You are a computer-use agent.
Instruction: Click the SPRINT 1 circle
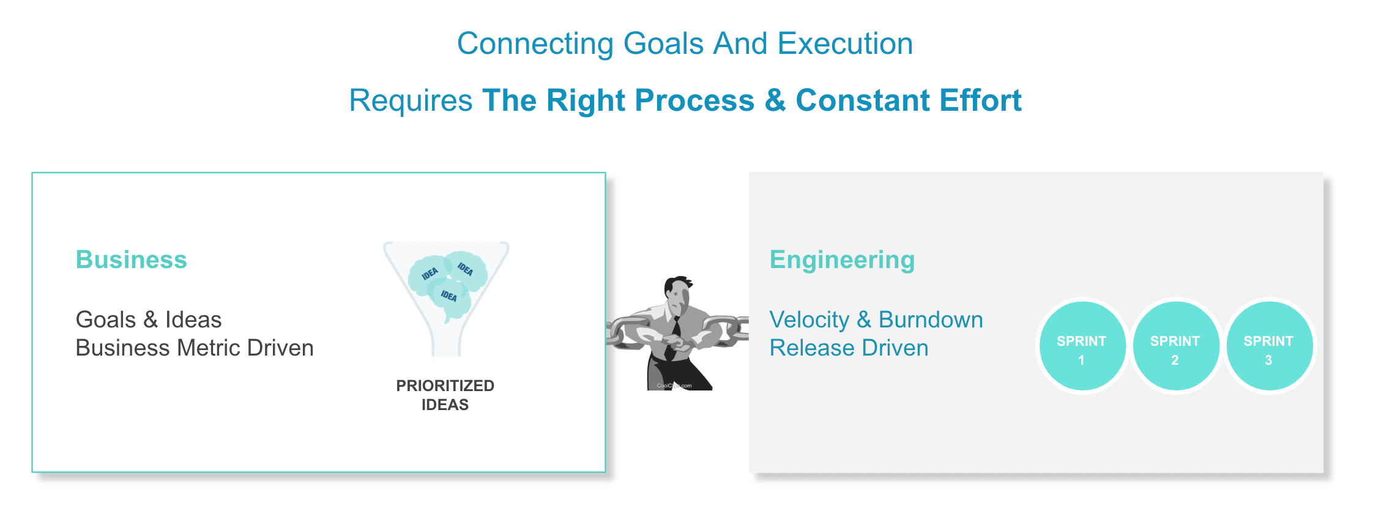click(x=1082, y=346)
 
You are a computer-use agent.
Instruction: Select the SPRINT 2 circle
click(x=1176, y=346)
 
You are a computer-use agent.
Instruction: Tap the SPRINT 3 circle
click(x=1270, y=346)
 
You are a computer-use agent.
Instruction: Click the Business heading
click(x=131, y=259)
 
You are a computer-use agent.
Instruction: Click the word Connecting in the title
click(x=535, y=45)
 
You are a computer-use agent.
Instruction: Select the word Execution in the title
click(x=845, y=44)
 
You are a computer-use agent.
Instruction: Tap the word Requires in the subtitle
click(x=411, y=101)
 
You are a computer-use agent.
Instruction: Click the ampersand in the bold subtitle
click(x=775, y=100)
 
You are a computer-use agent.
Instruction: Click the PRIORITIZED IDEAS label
click(x=445, y=395)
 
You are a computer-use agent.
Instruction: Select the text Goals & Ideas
click(x=148, y=319)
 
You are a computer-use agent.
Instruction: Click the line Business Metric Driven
click(x=195, y=348)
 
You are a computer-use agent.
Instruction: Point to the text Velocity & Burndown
click(x=876, y=319)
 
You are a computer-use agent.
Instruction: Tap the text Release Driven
click(x=849, y=348)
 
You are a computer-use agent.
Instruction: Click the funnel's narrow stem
click(x=446, y=339)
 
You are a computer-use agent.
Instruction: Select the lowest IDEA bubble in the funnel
click(x=450, y=298)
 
